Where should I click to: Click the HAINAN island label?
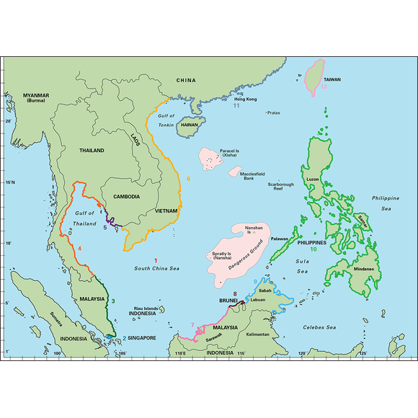click(190, 124)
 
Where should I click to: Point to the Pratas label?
click(273, 112)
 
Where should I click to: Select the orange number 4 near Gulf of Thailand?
click(79, 248)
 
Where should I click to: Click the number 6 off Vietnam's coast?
click(188, 178)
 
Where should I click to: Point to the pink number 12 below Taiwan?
click(324, 86)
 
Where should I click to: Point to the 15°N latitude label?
click(9, 182)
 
